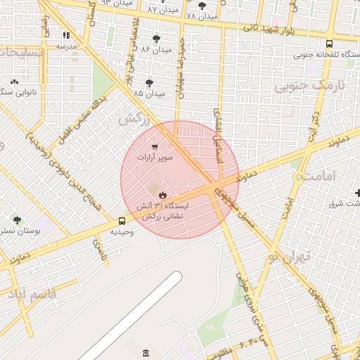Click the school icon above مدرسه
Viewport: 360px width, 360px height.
point(66,34)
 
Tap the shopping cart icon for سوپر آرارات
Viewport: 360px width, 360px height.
point(154,147)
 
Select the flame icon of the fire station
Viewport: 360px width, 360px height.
point(162,194)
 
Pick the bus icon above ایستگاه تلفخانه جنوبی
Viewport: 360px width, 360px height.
point(330,44)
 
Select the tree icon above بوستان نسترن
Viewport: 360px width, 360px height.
point(13,219)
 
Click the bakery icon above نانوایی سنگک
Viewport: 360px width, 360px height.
point(14,82)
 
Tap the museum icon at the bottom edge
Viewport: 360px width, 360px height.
point(146,352)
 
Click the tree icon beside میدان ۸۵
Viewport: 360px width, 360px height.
point(150,83)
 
